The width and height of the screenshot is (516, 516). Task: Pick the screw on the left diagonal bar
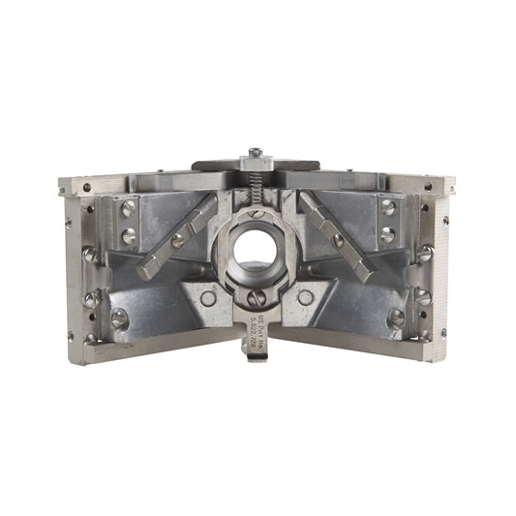(178, 241)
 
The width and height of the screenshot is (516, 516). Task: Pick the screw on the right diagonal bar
(337, 239)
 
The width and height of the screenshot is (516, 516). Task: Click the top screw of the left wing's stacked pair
(127, 208)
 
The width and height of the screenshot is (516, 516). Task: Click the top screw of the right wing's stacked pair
(387, 207)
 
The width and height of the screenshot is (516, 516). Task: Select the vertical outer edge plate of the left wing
(72, 261)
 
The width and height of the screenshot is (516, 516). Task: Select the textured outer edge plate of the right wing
(442, 261)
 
